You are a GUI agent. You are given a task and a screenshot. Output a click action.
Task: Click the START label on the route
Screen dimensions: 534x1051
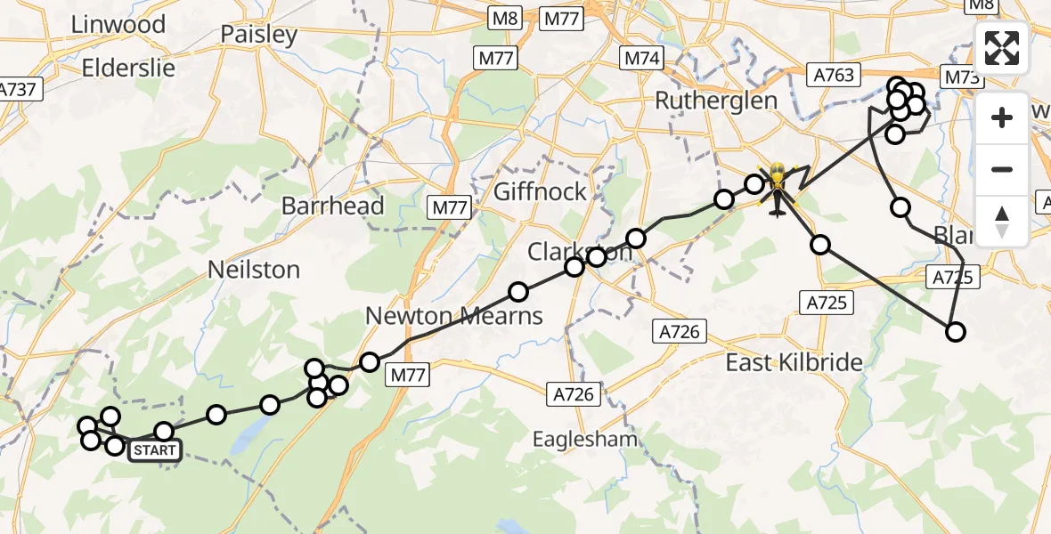click(155, 451)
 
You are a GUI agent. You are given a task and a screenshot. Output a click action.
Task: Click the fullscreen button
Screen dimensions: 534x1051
click(1002, 48)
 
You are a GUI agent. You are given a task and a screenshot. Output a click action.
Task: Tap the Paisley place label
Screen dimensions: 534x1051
click(258, 36)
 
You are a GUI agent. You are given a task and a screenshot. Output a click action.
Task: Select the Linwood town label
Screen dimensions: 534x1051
click(118, 24)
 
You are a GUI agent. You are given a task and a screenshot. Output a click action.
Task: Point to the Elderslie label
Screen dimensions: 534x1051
click(128, 68)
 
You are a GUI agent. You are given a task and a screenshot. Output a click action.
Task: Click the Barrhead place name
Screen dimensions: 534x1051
click(332, 206)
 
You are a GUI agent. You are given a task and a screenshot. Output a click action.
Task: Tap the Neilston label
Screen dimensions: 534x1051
click(254, 269)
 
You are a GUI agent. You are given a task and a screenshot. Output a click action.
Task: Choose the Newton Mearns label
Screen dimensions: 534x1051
click(453, 315)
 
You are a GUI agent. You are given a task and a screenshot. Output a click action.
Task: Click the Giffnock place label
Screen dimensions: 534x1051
click(540, 191)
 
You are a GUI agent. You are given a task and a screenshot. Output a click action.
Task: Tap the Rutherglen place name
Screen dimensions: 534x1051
click(716, 101)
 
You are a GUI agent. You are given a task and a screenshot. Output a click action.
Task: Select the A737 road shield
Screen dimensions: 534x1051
click(18, 89)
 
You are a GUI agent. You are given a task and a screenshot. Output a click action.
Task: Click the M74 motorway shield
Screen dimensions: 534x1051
click(641, 58)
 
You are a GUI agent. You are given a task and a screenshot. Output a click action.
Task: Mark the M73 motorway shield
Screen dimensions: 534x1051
click(962, 77)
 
